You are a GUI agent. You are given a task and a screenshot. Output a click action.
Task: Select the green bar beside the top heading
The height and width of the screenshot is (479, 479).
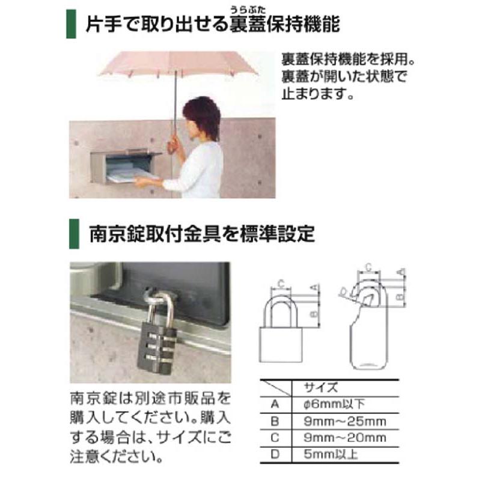(x=71, y=24)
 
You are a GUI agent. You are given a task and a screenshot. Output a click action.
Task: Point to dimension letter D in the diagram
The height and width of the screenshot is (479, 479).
(x=343, y=293)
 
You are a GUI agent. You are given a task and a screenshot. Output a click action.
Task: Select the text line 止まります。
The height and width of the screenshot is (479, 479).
(x=316, y=94)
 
